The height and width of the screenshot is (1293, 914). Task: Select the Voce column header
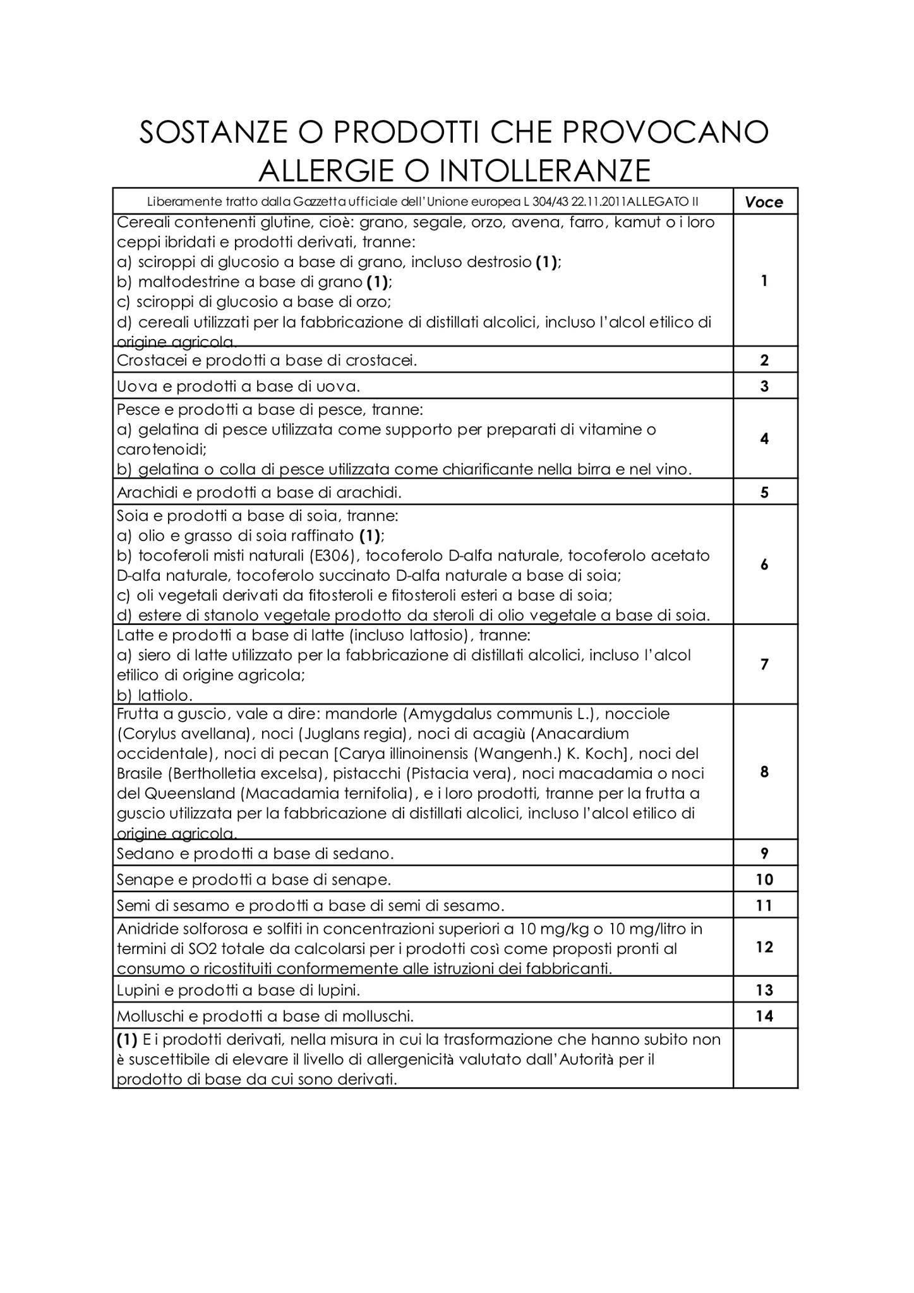point(764,202)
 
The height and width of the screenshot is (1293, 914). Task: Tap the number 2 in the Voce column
point(764,360)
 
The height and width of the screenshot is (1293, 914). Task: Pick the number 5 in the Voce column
point(764,492)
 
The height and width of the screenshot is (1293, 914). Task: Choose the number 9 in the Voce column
point(764,854)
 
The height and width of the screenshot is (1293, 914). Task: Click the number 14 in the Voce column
point(764,1016)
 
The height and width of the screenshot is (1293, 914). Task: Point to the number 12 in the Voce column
point(764,947)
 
